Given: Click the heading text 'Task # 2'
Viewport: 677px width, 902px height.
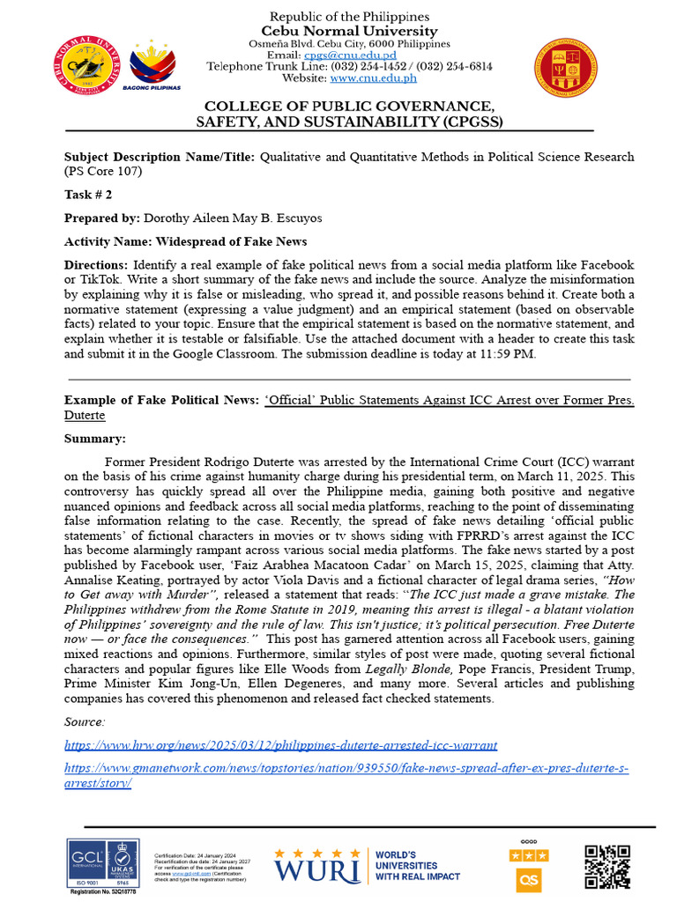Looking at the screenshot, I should (88, 195).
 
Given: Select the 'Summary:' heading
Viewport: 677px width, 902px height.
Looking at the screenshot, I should (95, 438).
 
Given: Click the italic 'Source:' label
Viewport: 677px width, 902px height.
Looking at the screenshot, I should (85, 721).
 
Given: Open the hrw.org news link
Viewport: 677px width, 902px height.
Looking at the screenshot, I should (280, 745).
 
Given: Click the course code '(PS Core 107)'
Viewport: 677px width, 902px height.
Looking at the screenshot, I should (102, 171).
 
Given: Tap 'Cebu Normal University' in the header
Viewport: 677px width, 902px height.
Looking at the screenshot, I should (349, 31).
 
